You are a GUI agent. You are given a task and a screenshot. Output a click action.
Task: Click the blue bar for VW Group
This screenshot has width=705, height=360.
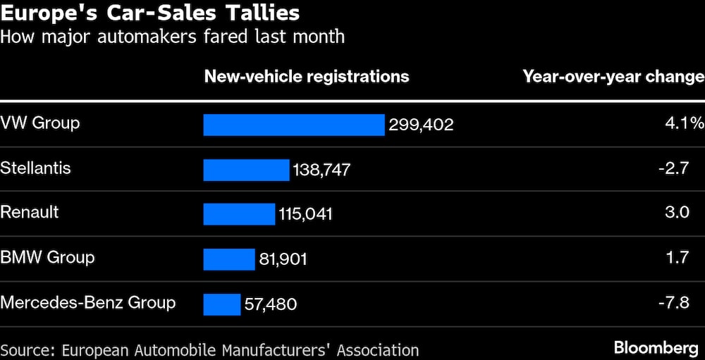[x=294, y=125]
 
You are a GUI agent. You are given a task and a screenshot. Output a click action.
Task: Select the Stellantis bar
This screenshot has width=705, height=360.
[x=246, y=170]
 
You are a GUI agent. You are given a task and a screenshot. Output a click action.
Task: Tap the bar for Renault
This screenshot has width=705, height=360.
[x=239, y=214]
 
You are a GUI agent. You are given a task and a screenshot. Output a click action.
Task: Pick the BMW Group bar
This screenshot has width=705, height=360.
[x=228, y=259]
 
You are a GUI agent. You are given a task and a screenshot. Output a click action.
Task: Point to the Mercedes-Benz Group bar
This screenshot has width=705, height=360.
[x=222, y=304]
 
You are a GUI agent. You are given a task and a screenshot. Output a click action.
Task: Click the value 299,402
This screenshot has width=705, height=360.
[x=421, y=125]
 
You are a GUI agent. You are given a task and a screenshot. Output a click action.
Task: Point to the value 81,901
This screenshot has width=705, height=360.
[x=283, y=259]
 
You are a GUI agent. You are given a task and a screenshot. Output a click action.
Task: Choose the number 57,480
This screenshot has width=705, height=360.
[x=271, y=304]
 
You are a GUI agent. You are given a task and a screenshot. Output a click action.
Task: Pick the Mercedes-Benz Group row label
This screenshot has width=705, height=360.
[x=88, y=303]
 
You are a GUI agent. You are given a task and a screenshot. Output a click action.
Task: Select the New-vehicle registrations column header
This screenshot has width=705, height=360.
[x=307, y=76]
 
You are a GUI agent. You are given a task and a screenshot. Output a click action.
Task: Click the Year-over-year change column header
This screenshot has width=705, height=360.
[x=613, y=76]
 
